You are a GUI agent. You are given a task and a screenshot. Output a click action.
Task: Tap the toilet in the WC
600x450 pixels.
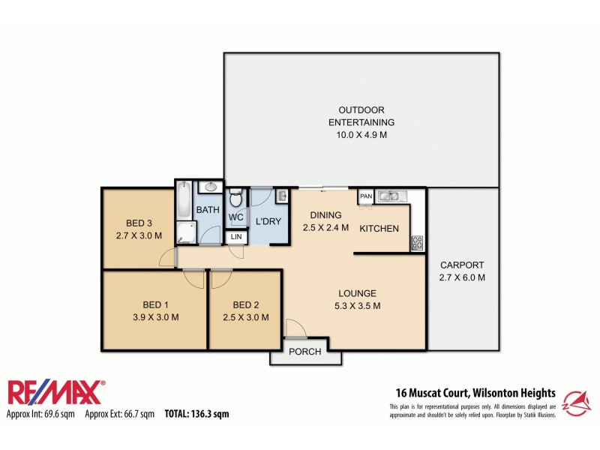click(x=235, y=199)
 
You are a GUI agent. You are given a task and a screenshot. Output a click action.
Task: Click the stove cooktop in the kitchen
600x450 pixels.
click(x=417, y=243)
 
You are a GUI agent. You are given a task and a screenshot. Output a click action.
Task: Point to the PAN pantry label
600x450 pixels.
click(x=366, y=196)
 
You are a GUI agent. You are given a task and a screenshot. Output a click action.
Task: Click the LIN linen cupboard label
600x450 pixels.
click(x=235, y=238)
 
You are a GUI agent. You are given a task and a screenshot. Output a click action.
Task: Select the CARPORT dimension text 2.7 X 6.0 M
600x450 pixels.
click(x=462, y=277)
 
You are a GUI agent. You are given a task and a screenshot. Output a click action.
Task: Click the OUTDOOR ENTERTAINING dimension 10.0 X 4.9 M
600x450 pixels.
click(x=361, y=135)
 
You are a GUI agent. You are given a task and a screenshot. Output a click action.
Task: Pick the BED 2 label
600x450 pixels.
click(x=246, y=304)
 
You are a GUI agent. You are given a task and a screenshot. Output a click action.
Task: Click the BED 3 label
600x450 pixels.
click(x=139, y=223)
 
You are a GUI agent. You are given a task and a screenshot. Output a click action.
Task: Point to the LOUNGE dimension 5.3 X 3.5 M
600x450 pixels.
click(x=357, y=305)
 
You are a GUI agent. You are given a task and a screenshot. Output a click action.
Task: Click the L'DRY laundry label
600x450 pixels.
click(x=268, y=222)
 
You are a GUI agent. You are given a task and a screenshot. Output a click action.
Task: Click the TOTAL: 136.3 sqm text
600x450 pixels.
click(x=196, y=413)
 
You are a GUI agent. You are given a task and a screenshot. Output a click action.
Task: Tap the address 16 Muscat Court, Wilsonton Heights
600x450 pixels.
click(x=475, y=392)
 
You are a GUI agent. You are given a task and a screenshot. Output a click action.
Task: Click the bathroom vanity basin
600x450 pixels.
click(x=211, y=187)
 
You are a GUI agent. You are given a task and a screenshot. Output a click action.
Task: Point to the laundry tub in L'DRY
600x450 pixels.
click(x=281, y=196)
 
